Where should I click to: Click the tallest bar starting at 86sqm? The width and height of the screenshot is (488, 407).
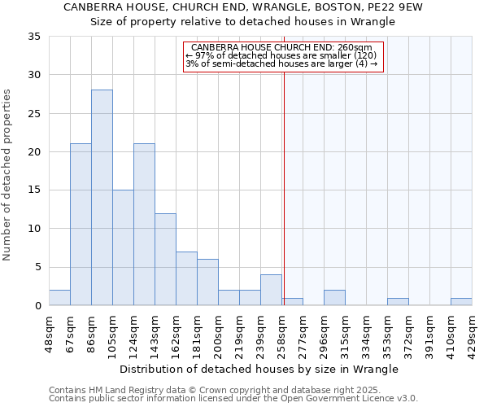point(102,198)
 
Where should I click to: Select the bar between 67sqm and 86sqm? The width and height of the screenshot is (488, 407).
point(81,225)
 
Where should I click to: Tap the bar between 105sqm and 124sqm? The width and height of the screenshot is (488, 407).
point(123,247)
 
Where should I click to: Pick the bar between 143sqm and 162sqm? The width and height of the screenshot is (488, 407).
point(165,259)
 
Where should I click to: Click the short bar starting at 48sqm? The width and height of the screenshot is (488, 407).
point(59,298)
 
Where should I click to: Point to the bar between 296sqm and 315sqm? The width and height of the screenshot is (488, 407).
point(334,298)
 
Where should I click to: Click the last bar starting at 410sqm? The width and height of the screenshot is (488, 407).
point(461,301)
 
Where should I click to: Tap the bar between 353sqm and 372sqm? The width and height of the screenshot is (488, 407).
point(398,301)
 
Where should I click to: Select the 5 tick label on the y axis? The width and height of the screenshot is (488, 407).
point(37,268)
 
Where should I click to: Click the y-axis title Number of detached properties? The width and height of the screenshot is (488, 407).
point(8,175)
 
